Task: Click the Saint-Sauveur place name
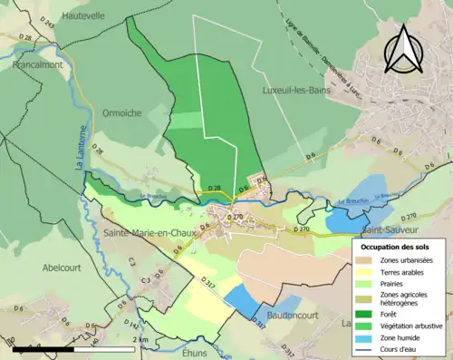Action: pyautogui.click(x=390, y=230)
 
